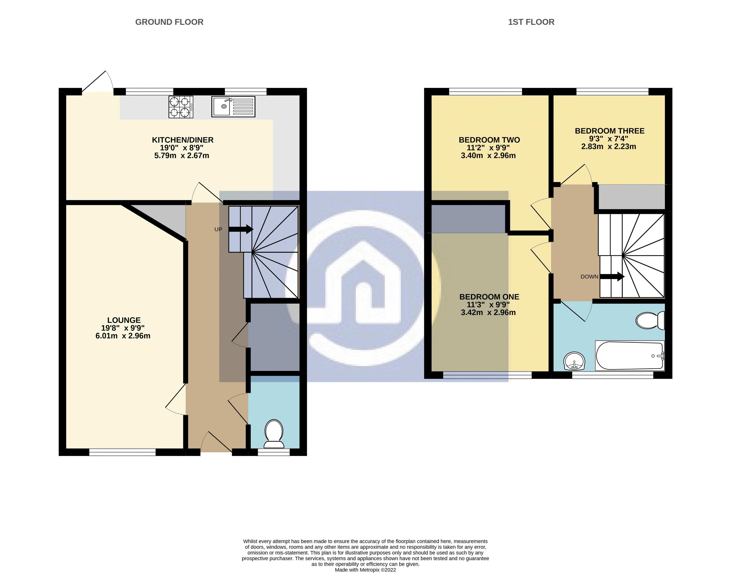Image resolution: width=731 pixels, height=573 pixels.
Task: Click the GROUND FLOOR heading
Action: pos(169,22)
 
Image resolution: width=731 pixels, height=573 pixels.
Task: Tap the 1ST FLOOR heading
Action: pos(531,22)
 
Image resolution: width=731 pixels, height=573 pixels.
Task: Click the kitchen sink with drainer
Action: pos(233,107)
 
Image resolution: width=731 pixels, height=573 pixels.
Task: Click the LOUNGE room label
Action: pos(124,320)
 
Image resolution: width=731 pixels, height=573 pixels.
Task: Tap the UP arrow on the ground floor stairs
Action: pos(241,229)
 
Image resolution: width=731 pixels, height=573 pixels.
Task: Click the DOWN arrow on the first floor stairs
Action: pos(612,277)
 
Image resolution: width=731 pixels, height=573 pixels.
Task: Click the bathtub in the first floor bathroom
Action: pos(629,356)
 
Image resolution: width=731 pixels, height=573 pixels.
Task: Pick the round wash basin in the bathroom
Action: pos(574,361)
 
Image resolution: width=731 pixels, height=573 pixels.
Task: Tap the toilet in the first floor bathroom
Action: pos(650,320)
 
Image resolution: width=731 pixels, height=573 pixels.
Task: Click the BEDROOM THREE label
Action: pos(609,131)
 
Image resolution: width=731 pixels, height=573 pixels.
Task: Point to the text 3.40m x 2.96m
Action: pos(488,156)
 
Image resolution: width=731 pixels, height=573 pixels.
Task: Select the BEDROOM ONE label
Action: pos(489,297)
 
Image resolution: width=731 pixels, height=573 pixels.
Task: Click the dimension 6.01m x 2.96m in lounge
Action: pos(123,336)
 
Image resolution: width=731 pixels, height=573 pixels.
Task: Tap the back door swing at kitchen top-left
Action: pos(97,82)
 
